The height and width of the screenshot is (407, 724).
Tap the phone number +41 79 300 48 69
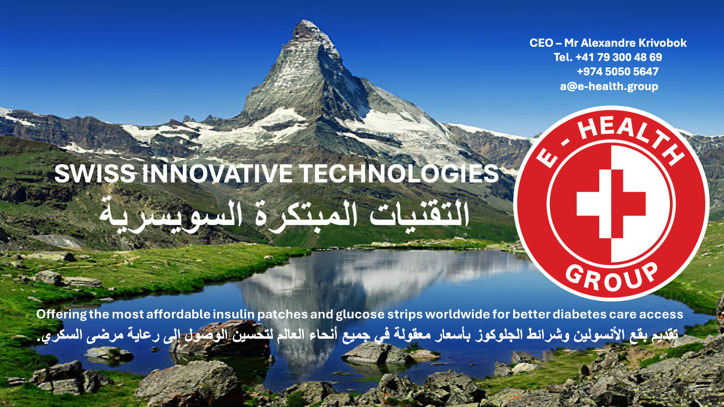tap(618, 57)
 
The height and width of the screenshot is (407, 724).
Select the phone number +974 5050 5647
tap(617, 72)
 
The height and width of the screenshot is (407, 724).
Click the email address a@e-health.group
tap(609, 86)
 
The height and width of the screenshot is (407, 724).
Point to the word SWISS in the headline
tap(95, 174)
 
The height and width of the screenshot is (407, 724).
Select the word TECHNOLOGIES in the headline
tap(399, 174)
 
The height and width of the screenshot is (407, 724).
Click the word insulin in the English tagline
tap(234, 314)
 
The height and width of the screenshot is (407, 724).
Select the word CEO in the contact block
tap(541, 43)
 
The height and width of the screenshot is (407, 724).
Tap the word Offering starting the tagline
tap(61, 314)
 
